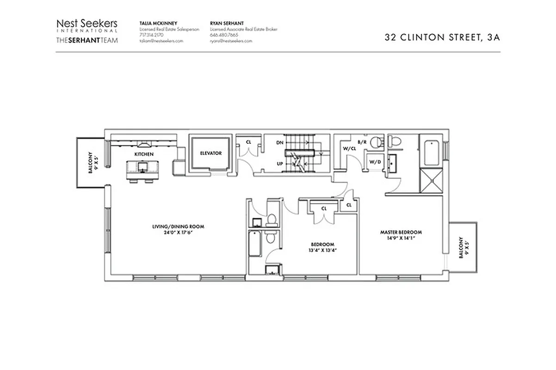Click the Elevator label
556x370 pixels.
pyautogui.click(x=211, y=153)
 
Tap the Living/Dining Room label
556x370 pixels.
pyautogui.click(x=178, y=227)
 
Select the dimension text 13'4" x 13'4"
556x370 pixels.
pyautogui.click(x=322, y=250)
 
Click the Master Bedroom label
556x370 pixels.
pyautogui.click(x=401, y=232)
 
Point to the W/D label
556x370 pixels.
pyautogui.click(x=374, y=161)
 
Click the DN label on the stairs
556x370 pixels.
pyautogui.click(x=279, y=143)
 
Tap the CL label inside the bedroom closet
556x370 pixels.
pyautogui.click(x=324, y=209)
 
